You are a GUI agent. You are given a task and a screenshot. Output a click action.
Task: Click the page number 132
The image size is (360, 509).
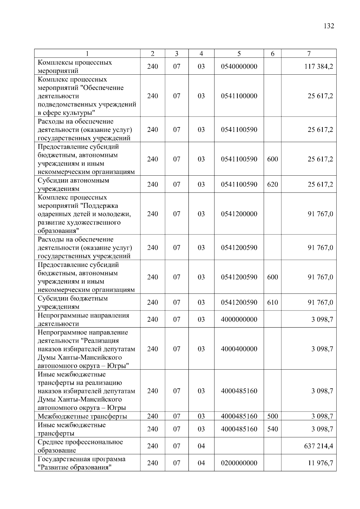tap(329, 26)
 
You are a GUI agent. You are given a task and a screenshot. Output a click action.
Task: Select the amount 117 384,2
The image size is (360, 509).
tap(319, 66)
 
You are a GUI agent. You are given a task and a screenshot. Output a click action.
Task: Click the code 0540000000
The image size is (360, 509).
tap(239, 66)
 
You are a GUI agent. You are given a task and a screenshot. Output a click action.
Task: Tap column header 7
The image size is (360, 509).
tap(309, 54)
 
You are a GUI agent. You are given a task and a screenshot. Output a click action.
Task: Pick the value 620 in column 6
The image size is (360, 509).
tap(272, 184)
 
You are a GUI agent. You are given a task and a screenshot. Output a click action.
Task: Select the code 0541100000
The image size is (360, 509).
tap(239, 96)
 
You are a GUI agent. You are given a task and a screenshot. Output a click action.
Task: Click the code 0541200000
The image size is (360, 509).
tap(239, 214)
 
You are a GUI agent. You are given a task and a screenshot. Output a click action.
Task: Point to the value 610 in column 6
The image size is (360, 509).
tap(272, 302)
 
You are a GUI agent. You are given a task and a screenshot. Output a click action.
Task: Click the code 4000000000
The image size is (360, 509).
tap(239, 319)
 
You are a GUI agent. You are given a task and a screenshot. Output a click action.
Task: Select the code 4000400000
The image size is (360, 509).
tap(239, 349)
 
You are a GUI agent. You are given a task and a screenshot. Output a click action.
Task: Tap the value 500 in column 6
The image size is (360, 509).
tap(272, 416)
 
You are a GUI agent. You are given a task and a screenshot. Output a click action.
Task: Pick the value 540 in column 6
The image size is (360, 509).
tap(272, 429)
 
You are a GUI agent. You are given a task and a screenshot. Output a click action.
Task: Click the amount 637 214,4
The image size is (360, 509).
tap(319, 446)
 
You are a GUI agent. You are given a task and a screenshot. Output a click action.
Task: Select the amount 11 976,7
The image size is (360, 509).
tap(320, 463)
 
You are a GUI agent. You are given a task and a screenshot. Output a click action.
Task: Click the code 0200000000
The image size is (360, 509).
tap(239, 463)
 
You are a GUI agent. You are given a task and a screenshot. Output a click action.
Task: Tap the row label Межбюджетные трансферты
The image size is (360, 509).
tap(82, 416)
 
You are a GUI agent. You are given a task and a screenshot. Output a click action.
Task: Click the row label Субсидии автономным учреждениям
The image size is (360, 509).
tap(73, 185)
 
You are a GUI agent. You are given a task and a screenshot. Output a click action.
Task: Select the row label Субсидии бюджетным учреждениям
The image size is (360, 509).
tap(73, 302)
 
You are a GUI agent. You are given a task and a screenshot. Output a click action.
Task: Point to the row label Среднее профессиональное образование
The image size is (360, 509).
tap(80, 446)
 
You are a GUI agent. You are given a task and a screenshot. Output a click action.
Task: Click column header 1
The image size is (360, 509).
tap(87, 54)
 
